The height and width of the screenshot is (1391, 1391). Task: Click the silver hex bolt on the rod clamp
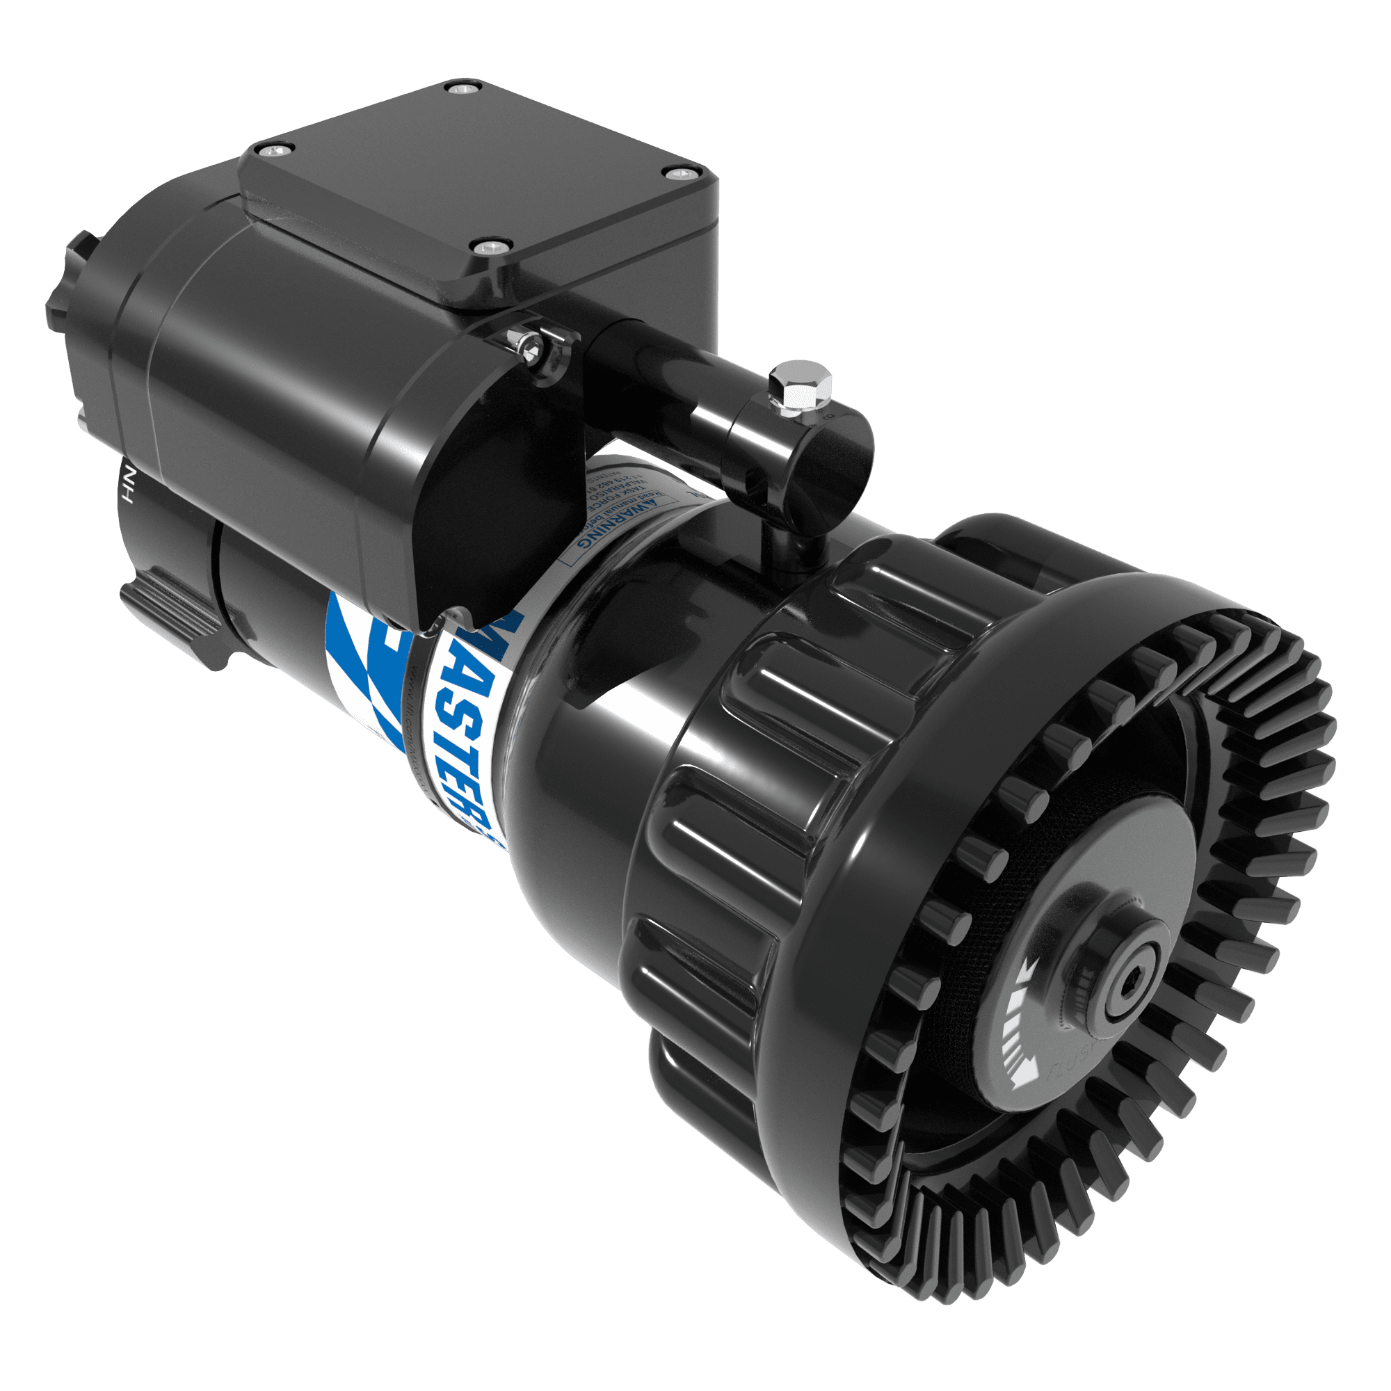(801, 387)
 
